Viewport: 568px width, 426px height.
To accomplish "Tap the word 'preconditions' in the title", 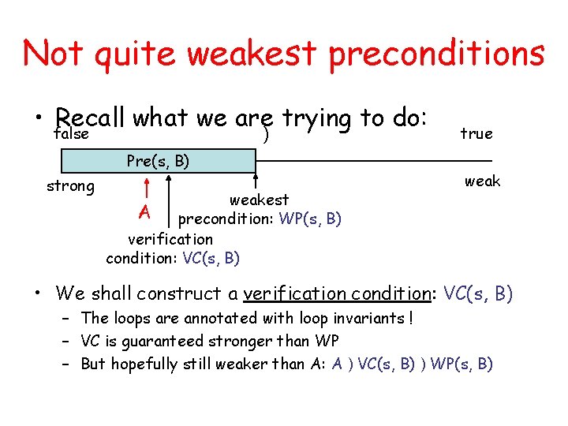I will [x=436, y=54].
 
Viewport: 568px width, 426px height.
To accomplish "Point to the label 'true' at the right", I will [x=476, y=134].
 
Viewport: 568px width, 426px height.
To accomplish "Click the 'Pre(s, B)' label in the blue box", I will [x=158, y=162].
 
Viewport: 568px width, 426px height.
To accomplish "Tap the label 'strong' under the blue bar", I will [x=70, y=187].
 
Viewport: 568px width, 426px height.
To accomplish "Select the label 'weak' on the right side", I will [x=482, y=181].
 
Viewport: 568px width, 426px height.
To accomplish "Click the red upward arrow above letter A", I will [x=146, y=189].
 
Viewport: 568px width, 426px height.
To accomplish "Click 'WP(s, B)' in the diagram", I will [x=310, y=219].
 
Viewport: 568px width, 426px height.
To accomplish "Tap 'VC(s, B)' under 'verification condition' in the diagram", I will [x=211, y=258].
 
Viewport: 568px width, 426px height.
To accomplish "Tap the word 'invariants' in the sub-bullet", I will [x=363, y=318].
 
